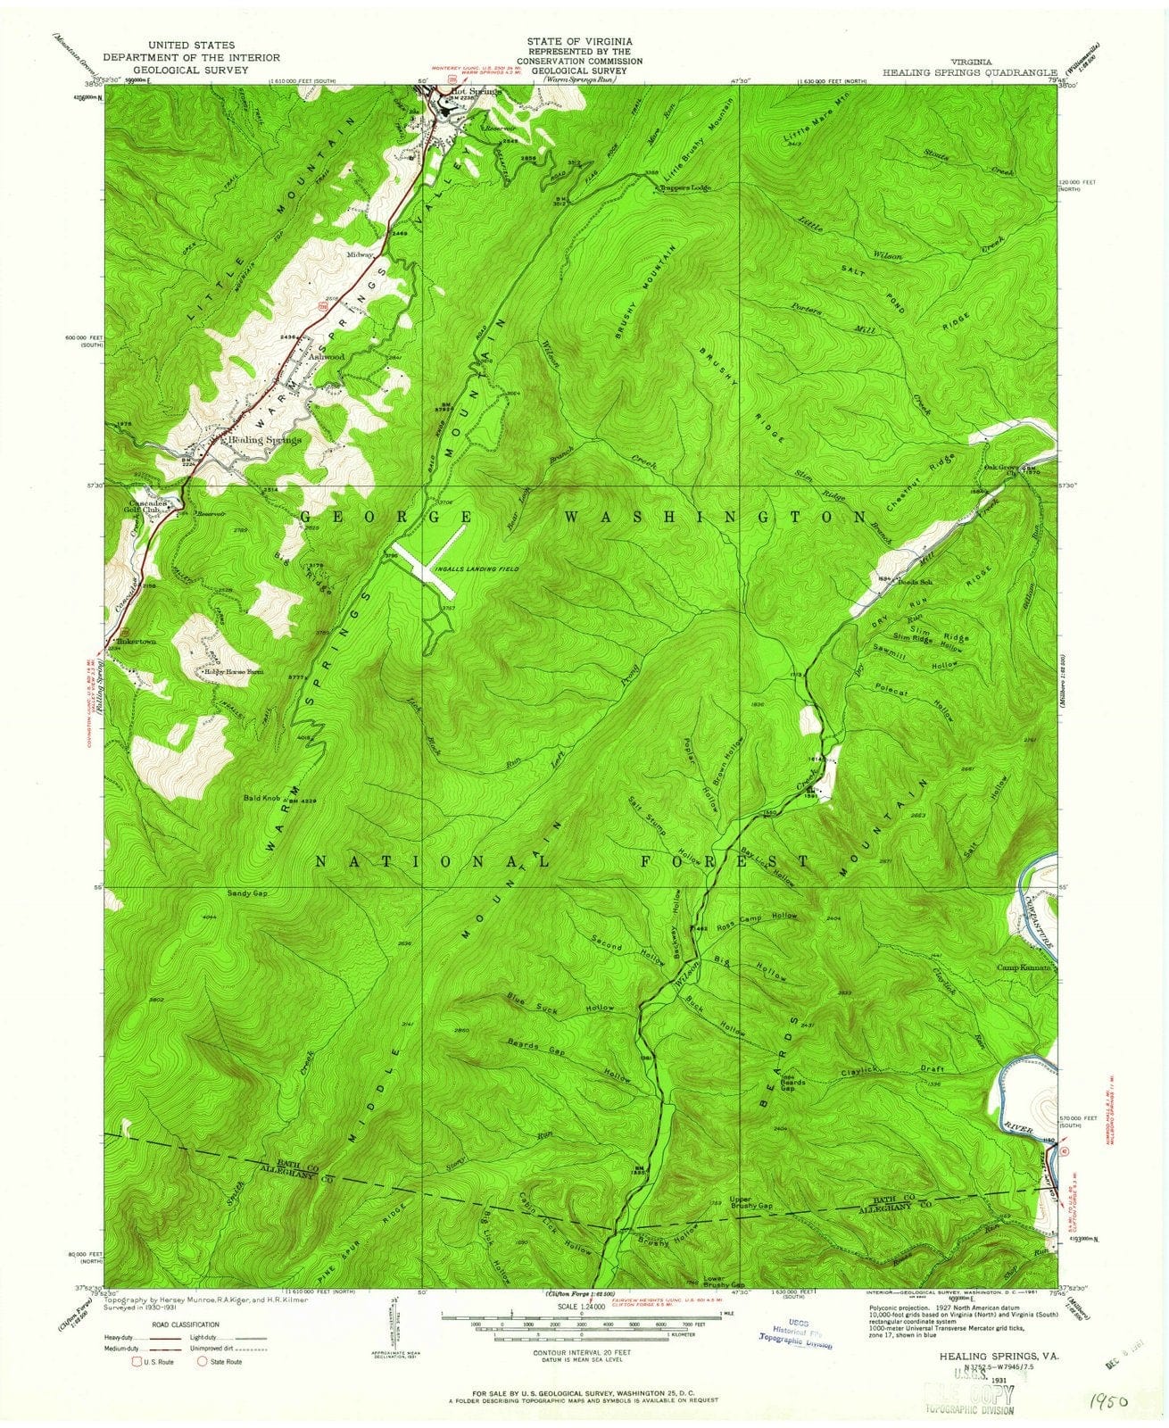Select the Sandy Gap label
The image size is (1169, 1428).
click(248, 892)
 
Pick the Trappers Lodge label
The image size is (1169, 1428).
click(687, 189)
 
